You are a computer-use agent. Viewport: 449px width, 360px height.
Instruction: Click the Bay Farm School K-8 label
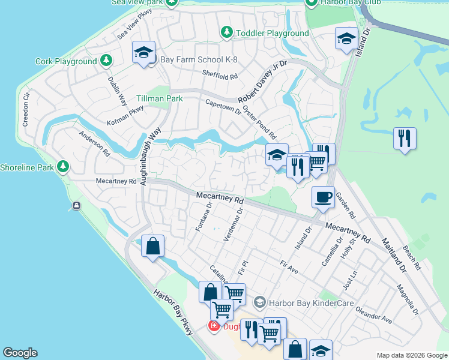(x=188, y=60)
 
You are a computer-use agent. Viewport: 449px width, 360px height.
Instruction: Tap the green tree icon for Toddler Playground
(x=226, y=32)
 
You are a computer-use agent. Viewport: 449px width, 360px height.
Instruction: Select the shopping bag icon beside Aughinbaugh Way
(x=153, y=246)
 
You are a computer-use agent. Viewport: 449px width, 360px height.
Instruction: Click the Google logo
(x=20, y=353)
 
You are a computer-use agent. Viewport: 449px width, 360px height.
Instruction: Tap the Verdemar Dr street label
(x=234, y=226)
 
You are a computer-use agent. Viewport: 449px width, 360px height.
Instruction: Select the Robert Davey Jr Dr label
(x=263, y=83)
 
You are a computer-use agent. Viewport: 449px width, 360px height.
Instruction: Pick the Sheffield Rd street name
(x=220, y=76)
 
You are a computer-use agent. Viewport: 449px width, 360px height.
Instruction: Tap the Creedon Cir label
(x=26, y=109)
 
